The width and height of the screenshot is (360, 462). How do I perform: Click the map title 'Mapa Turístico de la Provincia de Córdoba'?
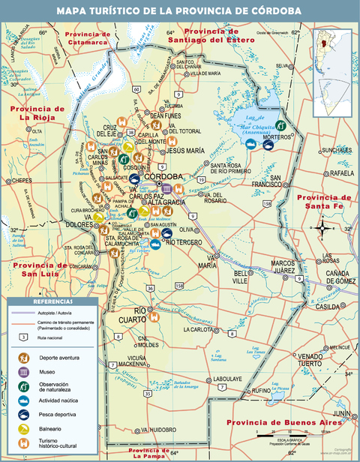click(x=180, y=10)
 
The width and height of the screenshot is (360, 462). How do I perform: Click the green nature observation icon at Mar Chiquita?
click(x=280, y=125)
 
